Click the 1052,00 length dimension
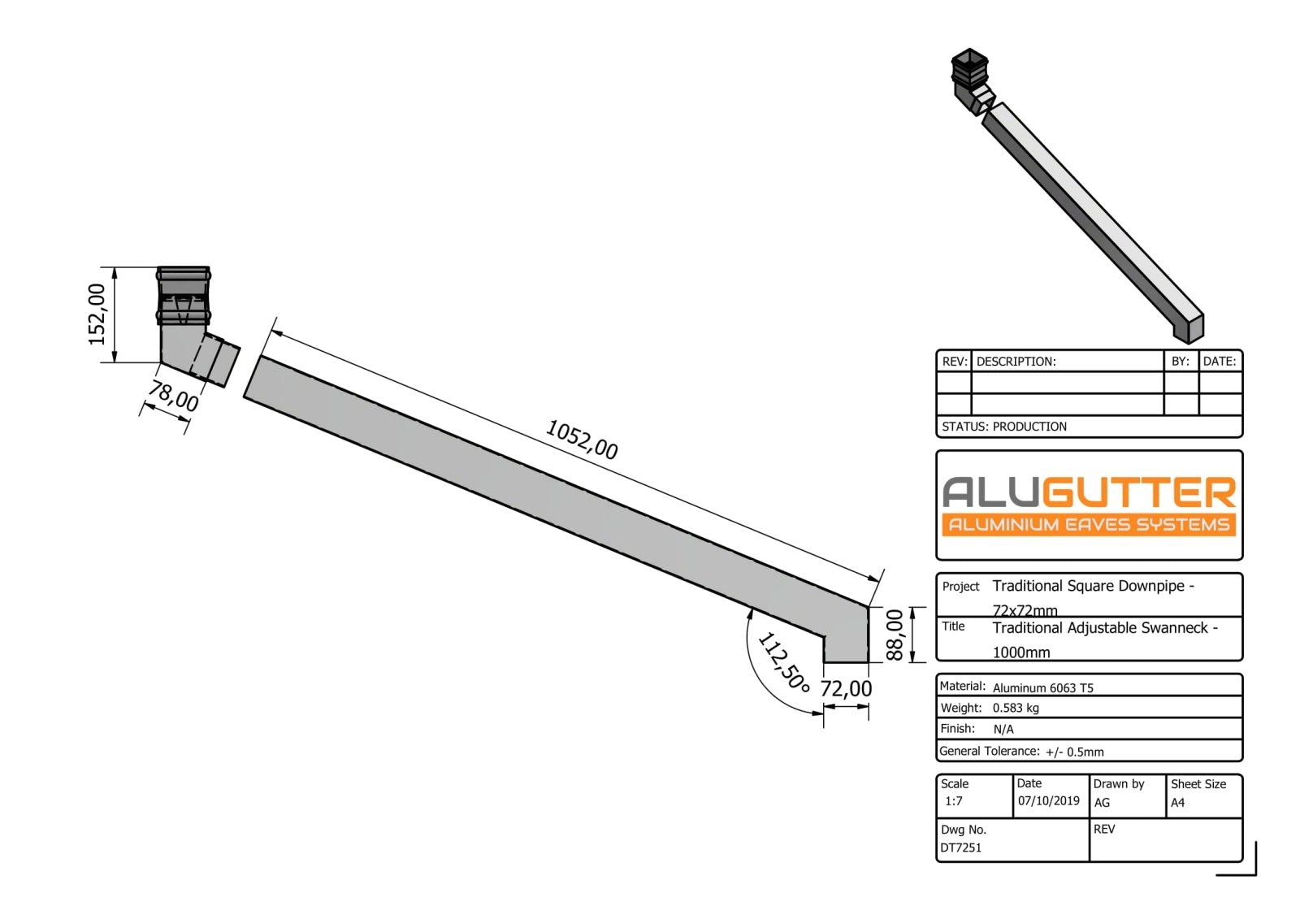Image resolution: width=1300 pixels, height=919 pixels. (x=581, y=440)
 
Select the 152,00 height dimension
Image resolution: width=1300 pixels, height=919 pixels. (x=97, y=314)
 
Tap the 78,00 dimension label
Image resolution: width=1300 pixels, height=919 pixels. (x=173, y=397)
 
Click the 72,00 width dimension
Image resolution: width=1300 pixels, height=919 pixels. (x=846, y=689)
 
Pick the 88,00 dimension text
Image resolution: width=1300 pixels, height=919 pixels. (x=894, y=635)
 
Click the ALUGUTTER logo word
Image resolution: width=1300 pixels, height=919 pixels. (x=1089, y=492)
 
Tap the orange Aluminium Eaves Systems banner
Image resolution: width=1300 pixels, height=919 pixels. (x=1089, y=525)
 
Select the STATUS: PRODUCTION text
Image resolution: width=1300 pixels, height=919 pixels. (x=1004, y=427)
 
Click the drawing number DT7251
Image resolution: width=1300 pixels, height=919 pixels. (x=961, y=847)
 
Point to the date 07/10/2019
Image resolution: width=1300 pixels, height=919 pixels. (x=1048, y=801)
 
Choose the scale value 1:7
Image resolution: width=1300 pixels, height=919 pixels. (x=954, y=801)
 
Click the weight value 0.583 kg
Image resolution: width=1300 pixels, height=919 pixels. (x=1016, y=708)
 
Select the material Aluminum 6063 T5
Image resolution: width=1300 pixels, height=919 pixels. (x=1042, y=687)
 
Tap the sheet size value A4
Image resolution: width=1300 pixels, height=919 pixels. (x=1177, y=803)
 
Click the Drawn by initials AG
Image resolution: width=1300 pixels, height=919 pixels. (x=1102, y=803)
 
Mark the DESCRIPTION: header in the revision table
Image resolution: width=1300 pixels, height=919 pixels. (x=1016, y=362)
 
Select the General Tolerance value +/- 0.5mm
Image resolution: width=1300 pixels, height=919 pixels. (x=1074, y=752)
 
